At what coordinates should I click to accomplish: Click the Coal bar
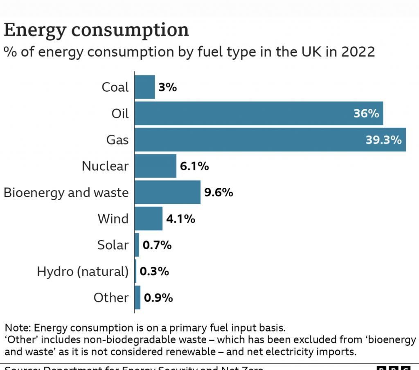pos(145,87)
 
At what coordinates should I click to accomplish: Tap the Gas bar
pos(270,140)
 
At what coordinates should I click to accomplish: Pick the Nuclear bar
pos(155,166)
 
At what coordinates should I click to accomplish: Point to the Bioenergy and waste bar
pos(167,192)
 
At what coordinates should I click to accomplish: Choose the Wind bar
pos(149,219)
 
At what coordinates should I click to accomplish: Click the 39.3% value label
pos(383,140)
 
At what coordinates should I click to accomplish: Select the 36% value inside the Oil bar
pos(366,113)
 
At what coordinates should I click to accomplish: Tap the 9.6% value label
pos(219,192)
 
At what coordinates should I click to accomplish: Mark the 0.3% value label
pos(154,271)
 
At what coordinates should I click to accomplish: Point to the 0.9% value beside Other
pos(158,298)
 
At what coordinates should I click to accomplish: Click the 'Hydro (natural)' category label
pos(83,271)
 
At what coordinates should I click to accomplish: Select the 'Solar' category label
pos(113,245)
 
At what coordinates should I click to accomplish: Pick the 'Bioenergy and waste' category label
pos(66,192)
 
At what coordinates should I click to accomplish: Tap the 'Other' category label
pos(111,298)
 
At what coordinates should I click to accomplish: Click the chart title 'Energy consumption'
pos(96,30)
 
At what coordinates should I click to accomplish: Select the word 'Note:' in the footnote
pos(18,328)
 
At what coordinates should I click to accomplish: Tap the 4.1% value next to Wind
pos(180,219)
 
